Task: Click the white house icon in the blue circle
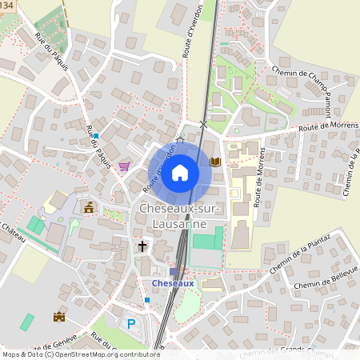(180, 172)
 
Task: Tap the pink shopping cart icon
(124, 166)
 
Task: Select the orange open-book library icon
(214, 162)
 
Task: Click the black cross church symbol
(143, 246)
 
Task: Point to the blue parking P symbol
(132, 324)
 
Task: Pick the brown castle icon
(58, 317)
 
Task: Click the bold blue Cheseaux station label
(173, 283)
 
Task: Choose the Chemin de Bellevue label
(323, 285)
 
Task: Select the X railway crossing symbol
(203, 124)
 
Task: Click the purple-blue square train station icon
(173, 272)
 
